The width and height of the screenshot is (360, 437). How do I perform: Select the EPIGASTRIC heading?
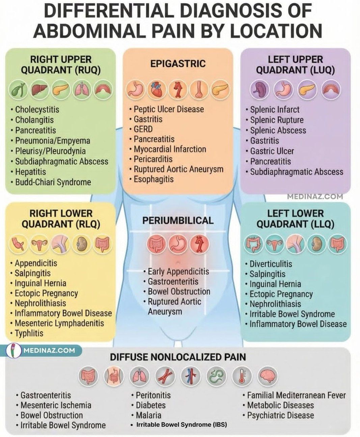[x=178, y=64]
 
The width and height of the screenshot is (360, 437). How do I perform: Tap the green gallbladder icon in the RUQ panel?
[x=18, y=90]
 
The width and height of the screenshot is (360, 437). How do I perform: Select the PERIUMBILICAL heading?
[x=178, y=221]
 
